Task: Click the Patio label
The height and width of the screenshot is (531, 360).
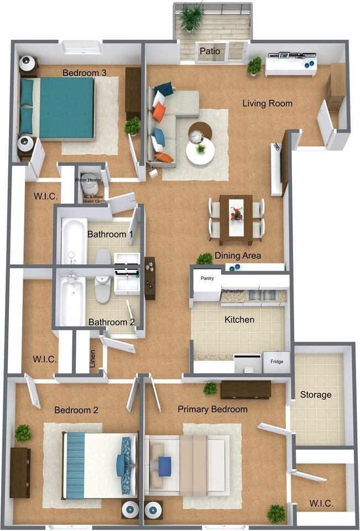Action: (x=210, y=51)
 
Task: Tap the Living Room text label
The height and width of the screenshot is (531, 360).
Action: (x=267, y=103)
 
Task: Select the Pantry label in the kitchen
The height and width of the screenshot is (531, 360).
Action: (x=207, y=278)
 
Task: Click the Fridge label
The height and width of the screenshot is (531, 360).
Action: (x=276, y=362)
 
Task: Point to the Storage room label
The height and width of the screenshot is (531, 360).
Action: (x=316, y=395)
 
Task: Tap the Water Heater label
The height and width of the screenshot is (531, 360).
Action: (x=88, y=180)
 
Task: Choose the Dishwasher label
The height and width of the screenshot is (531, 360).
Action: (x=233, y=291)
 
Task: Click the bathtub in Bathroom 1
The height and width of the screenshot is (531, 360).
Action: (x=74, y=241)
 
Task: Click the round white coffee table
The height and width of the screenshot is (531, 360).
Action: (x=200, y=150)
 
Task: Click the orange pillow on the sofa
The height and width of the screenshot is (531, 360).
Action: (x=159, y=112)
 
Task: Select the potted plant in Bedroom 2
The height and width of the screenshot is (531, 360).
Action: (x=23, y=433)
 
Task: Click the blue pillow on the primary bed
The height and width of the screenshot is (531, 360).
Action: (x=165, y=466)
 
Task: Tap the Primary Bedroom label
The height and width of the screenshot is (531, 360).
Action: (x=212, y=409)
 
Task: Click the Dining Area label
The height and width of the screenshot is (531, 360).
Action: (x=238, y=256)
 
